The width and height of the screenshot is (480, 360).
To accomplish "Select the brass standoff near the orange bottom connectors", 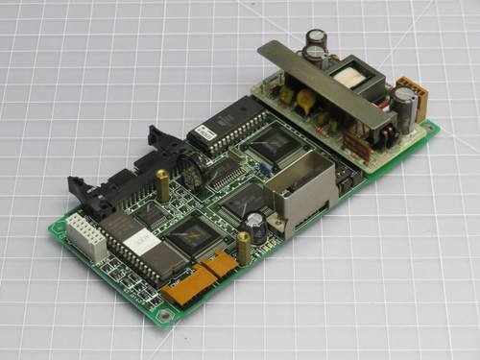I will point(245,250).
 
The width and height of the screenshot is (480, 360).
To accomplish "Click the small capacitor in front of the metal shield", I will point(256,228).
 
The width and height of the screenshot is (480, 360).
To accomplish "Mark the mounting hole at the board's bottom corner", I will point(166,314).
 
